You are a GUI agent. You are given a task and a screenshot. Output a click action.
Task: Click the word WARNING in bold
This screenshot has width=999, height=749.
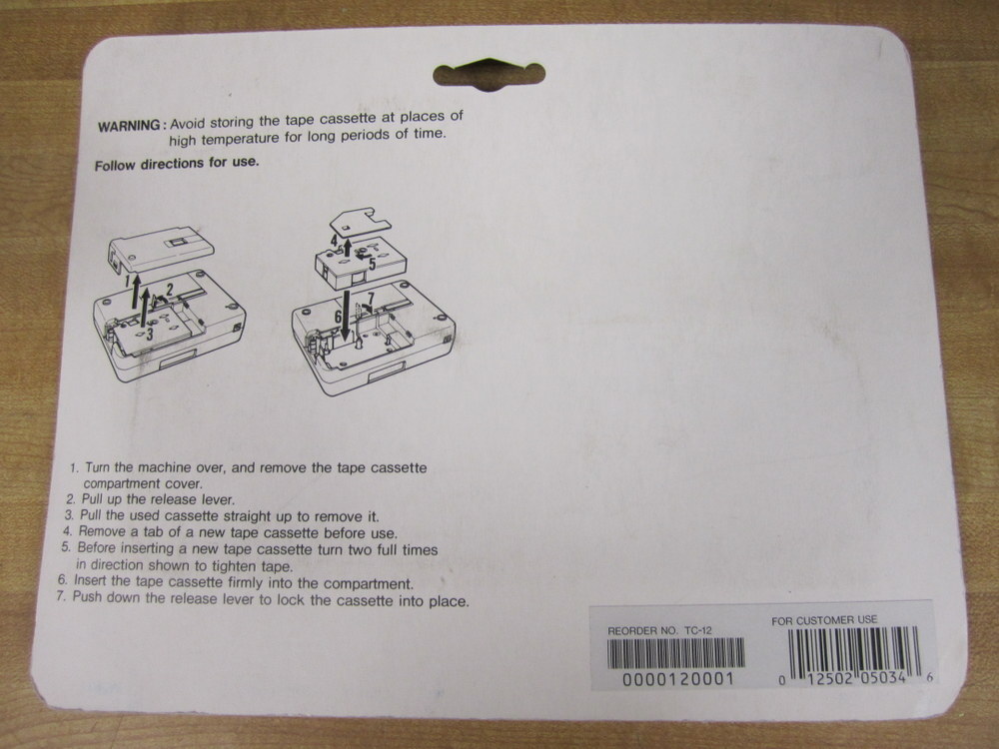tap(129, 125)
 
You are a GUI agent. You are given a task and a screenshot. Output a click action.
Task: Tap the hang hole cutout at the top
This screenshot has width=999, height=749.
tap(489, 74)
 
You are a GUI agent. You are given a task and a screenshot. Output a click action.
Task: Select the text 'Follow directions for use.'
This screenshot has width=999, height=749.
tap(177, 163)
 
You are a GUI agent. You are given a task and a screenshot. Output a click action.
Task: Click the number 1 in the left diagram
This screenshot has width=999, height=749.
tap(129, 281)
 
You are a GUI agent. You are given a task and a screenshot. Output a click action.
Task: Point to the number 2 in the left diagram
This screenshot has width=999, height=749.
tap(170, 290)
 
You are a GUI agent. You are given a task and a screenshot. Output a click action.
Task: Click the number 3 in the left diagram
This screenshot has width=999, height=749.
tap(149, 334)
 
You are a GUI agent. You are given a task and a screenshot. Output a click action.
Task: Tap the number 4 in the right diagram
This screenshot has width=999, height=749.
tap(335, 241)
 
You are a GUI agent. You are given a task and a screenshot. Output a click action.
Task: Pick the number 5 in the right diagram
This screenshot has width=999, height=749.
tap(373, 263)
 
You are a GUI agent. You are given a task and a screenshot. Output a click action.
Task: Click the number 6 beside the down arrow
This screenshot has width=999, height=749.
tap(339, 315)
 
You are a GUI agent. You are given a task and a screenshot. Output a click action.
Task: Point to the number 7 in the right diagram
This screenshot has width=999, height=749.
tap(371, 298)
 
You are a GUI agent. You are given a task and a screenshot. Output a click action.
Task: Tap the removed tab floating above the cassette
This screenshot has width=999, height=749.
tap(360, 221)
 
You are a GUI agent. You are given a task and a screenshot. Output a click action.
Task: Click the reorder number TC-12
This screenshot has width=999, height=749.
tap(698, 630)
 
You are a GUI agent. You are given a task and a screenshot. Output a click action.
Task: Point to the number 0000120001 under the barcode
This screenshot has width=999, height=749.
tap(678, 679)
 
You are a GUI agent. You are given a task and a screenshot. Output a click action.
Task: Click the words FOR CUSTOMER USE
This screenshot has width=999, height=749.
tap(824, 620)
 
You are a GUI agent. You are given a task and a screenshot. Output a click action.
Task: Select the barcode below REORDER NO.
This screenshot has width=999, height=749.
tap(676, 653)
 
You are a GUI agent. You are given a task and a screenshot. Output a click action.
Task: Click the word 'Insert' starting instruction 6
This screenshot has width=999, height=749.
tap(92, 580)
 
